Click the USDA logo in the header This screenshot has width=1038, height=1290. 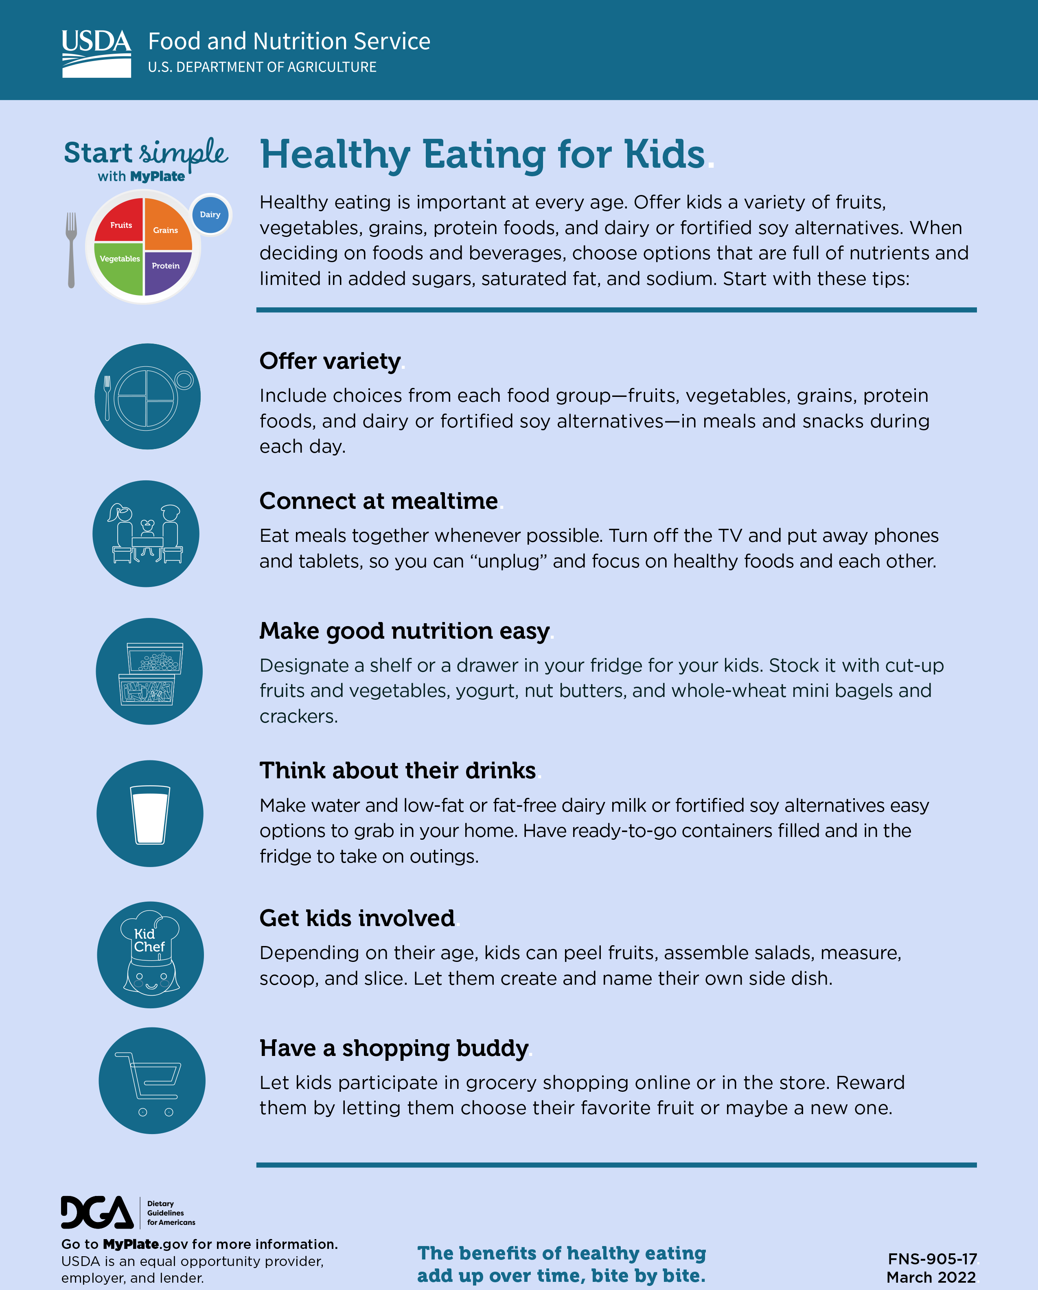click(x=96, y=53)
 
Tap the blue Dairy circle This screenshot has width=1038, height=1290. click(x=210, y=214)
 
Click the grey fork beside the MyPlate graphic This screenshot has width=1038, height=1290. click(x=71, y=250)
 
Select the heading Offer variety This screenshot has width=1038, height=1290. click(x=330, y=361)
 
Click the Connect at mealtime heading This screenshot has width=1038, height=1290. click(x=378, y=501)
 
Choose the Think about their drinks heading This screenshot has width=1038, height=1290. click(x=397, y=771)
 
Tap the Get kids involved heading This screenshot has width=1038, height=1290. click(x=357, y=918)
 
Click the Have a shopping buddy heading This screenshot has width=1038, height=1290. click(x=394, y=1048)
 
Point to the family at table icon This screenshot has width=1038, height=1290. click(x=146, y=534)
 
